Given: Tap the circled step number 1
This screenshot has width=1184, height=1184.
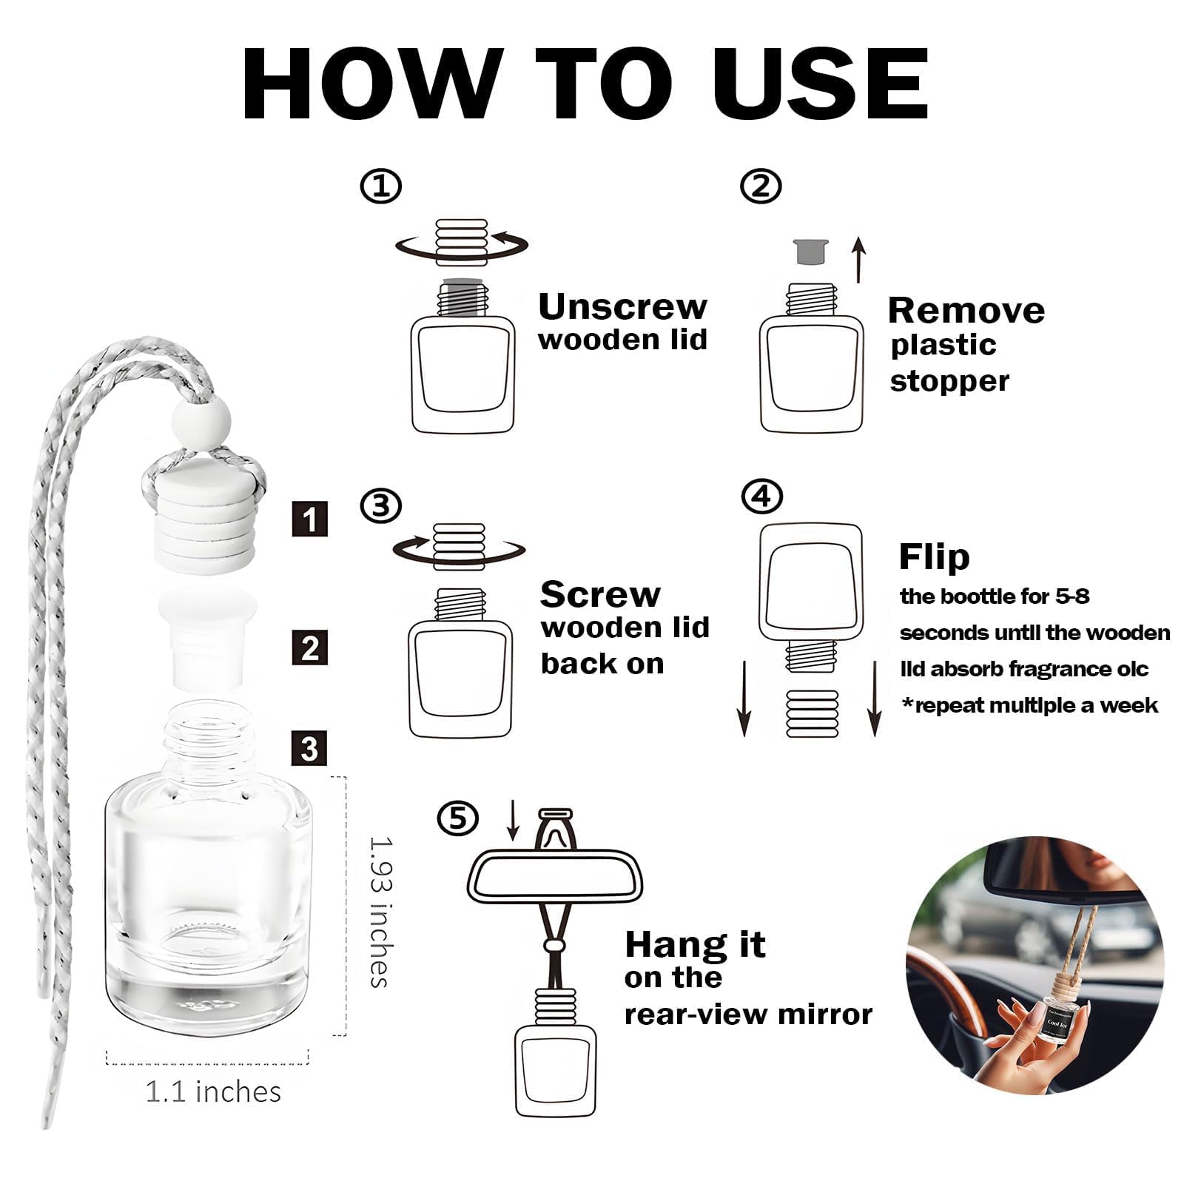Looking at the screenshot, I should click(x=380, y=186).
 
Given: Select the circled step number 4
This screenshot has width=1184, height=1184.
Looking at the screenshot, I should click(x=761, y=496).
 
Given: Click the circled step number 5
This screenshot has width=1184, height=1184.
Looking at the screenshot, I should click(x=457, y=818).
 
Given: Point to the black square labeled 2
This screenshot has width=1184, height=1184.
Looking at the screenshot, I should click(x=309, y=647).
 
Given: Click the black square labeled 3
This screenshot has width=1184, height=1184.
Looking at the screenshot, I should click(x=309, y=749).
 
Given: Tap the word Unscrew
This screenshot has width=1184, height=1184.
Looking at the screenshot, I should click(x=622, y=306).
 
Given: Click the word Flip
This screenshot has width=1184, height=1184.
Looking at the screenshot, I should click(x=933, y=556).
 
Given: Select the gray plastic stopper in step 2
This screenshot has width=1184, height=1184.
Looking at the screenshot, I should click(x=810, y=252).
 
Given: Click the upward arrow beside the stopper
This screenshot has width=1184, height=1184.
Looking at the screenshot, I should click(x=858, y=260).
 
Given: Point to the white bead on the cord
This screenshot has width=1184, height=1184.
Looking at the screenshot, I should click(x=201, y=422).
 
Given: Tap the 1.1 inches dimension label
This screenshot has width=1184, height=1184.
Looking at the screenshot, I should click(x=213, y=1091).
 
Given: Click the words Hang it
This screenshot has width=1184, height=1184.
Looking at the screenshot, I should click(x=694, y=945).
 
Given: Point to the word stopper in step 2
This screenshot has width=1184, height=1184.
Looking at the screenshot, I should click(x=949, y=381).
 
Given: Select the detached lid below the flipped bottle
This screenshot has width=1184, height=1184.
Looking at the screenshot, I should click(x=812, y=713).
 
